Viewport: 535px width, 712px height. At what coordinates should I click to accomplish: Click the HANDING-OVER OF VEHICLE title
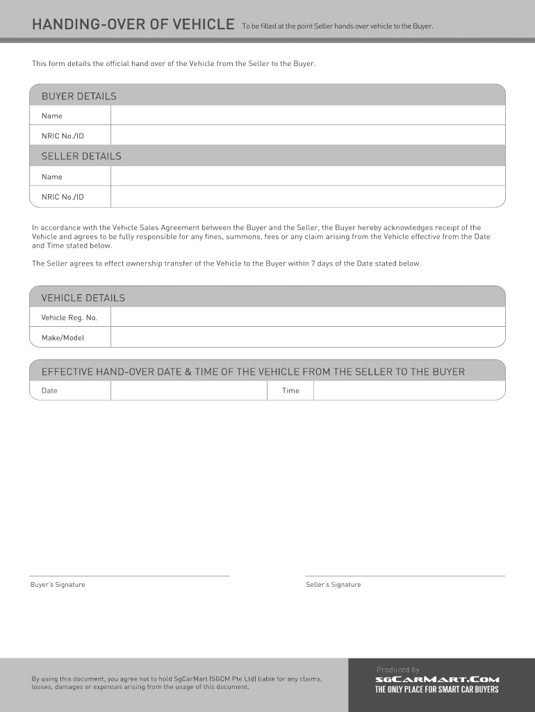click(x=133, y=25)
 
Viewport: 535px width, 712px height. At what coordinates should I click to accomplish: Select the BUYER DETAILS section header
click(x=79, y=96)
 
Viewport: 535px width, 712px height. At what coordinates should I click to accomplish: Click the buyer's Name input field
click(x=307, y=115)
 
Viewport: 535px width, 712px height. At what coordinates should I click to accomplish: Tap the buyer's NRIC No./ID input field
click(x=307, y=136)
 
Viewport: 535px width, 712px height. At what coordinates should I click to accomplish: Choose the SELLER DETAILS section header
click(x=81, y=156)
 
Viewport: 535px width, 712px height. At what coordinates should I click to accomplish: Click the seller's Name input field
click(x=307, y=177)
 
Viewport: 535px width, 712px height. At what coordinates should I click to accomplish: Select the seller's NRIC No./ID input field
click(x=307, y=197)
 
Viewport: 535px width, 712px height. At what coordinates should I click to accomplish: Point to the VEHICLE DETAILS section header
click(x=83, y=298)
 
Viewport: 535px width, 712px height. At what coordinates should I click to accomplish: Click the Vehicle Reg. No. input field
click(x=307, y=317)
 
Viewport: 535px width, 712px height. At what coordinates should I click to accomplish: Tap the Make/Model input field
click(x=307, y=337)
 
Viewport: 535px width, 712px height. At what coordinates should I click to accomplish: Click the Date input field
click(x=188, y=391)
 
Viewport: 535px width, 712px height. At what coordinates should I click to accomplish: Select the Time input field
click(x=409, y=391)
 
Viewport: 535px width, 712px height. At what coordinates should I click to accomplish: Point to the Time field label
click(x=290, y=391)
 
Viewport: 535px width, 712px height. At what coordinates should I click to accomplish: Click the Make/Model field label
click(x=63, y=337)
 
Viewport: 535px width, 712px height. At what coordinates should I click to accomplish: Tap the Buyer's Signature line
click(x=129, y=575)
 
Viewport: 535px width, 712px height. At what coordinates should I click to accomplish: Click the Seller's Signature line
click(x=405, y=575)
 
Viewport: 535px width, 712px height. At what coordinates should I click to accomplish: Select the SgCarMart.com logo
click(x=437, y=680)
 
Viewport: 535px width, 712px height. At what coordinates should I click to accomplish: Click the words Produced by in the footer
click(x=398, y=670)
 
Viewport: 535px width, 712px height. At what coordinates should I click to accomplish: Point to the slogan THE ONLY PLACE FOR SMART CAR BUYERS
click(x=437, y=690)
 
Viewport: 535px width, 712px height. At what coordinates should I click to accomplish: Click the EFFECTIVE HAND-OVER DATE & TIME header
click(x=253, y=371)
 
